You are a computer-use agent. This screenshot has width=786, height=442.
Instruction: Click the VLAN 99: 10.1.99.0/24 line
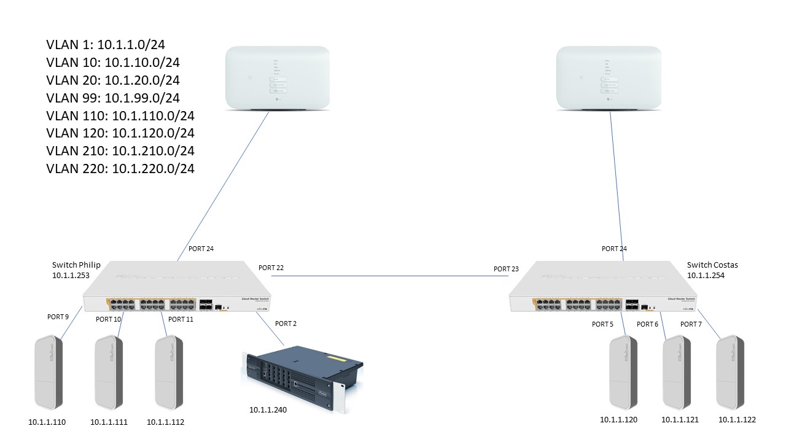[x=113, y=98]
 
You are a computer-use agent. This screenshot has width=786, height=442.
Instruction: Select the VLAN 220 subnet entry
[x=120, y=168]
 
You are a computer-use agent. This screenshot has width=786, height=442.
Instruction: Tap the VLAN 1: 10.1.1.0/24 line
[x=106, y=44]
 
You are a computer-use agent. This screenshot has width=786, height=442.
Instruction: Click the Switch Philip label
[x=76, y=265]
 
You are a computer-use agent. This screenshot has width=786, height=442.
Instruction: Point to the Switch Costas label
[x=712, y=265]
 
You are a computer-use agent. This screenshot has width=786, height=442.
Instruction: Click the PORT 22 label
[x=271, y=268]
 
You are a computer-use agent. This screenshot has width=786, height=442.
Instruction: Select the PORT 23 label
[x=506, y=269]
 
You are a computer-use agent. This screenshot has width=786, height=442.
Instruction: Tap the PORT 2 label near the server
[x=286, y=324]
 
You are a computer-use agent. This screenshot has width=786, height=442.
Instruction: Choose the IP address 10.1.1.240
[x=268, y=409]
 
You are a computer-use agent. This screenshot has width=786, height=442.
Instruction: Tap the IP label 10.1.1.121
[x=680, y=420]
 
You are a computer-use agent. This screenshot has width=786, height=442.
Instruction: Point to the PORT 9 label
[x=58, y=317]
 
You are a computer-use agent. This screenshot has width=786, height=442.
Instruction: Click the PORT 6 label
[x=647, y=324]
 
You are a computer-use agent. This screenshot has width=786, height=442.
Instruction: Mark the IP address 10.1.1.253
[x=71, y=276]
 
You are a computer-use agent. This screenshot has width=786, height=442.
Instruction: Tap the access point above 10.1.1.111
[x=111, y=373]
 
